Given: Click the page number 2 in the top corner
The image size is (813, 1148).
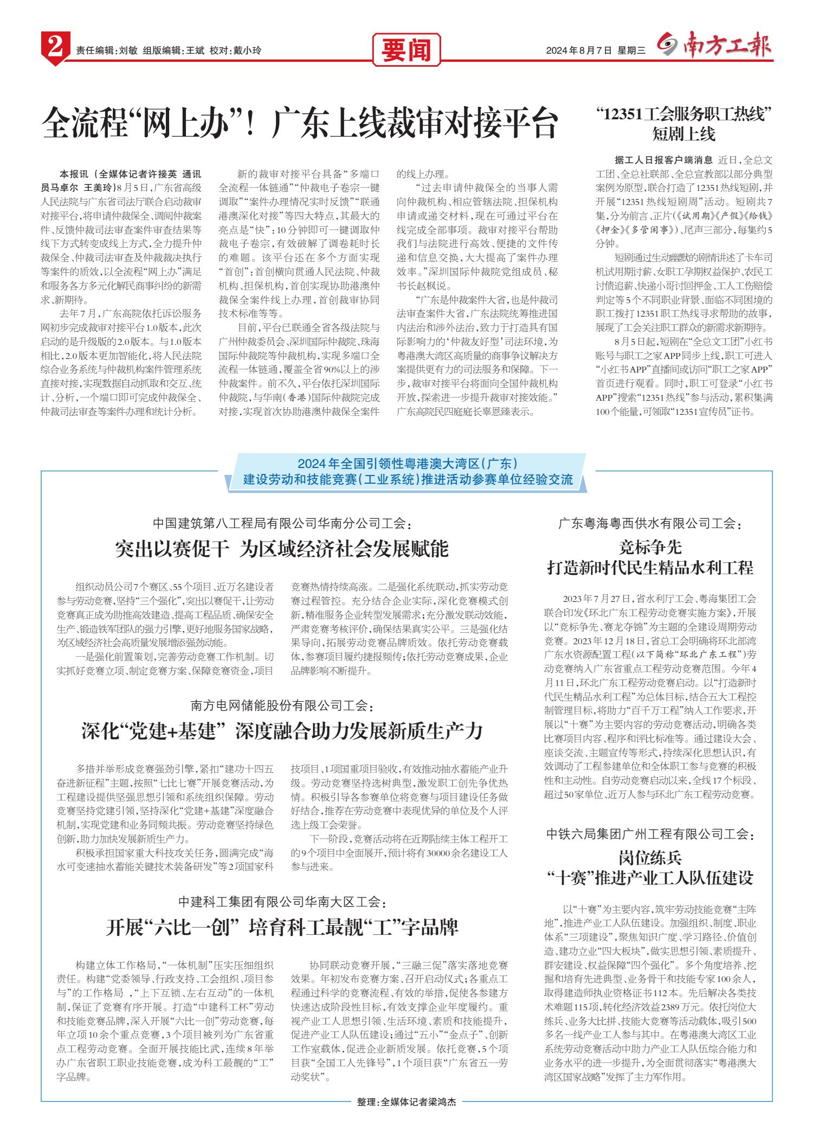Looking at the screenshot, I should click(54, 49).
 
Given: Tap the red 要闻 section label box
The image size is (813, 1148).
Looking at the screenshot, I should click(405, 50).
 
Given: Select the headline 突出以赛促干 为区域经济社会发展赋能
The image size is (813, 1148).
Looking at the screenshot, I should click(282, 549).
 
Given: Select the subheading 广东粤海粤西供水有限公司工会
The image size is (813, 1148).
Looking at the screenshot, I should click(650, 524).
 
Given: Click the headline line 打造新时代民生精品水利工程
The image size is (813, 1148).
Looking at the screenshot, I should click(650, 568).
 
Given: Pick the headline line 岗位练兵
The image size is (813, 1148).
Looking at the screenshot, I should click(650, 858).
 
